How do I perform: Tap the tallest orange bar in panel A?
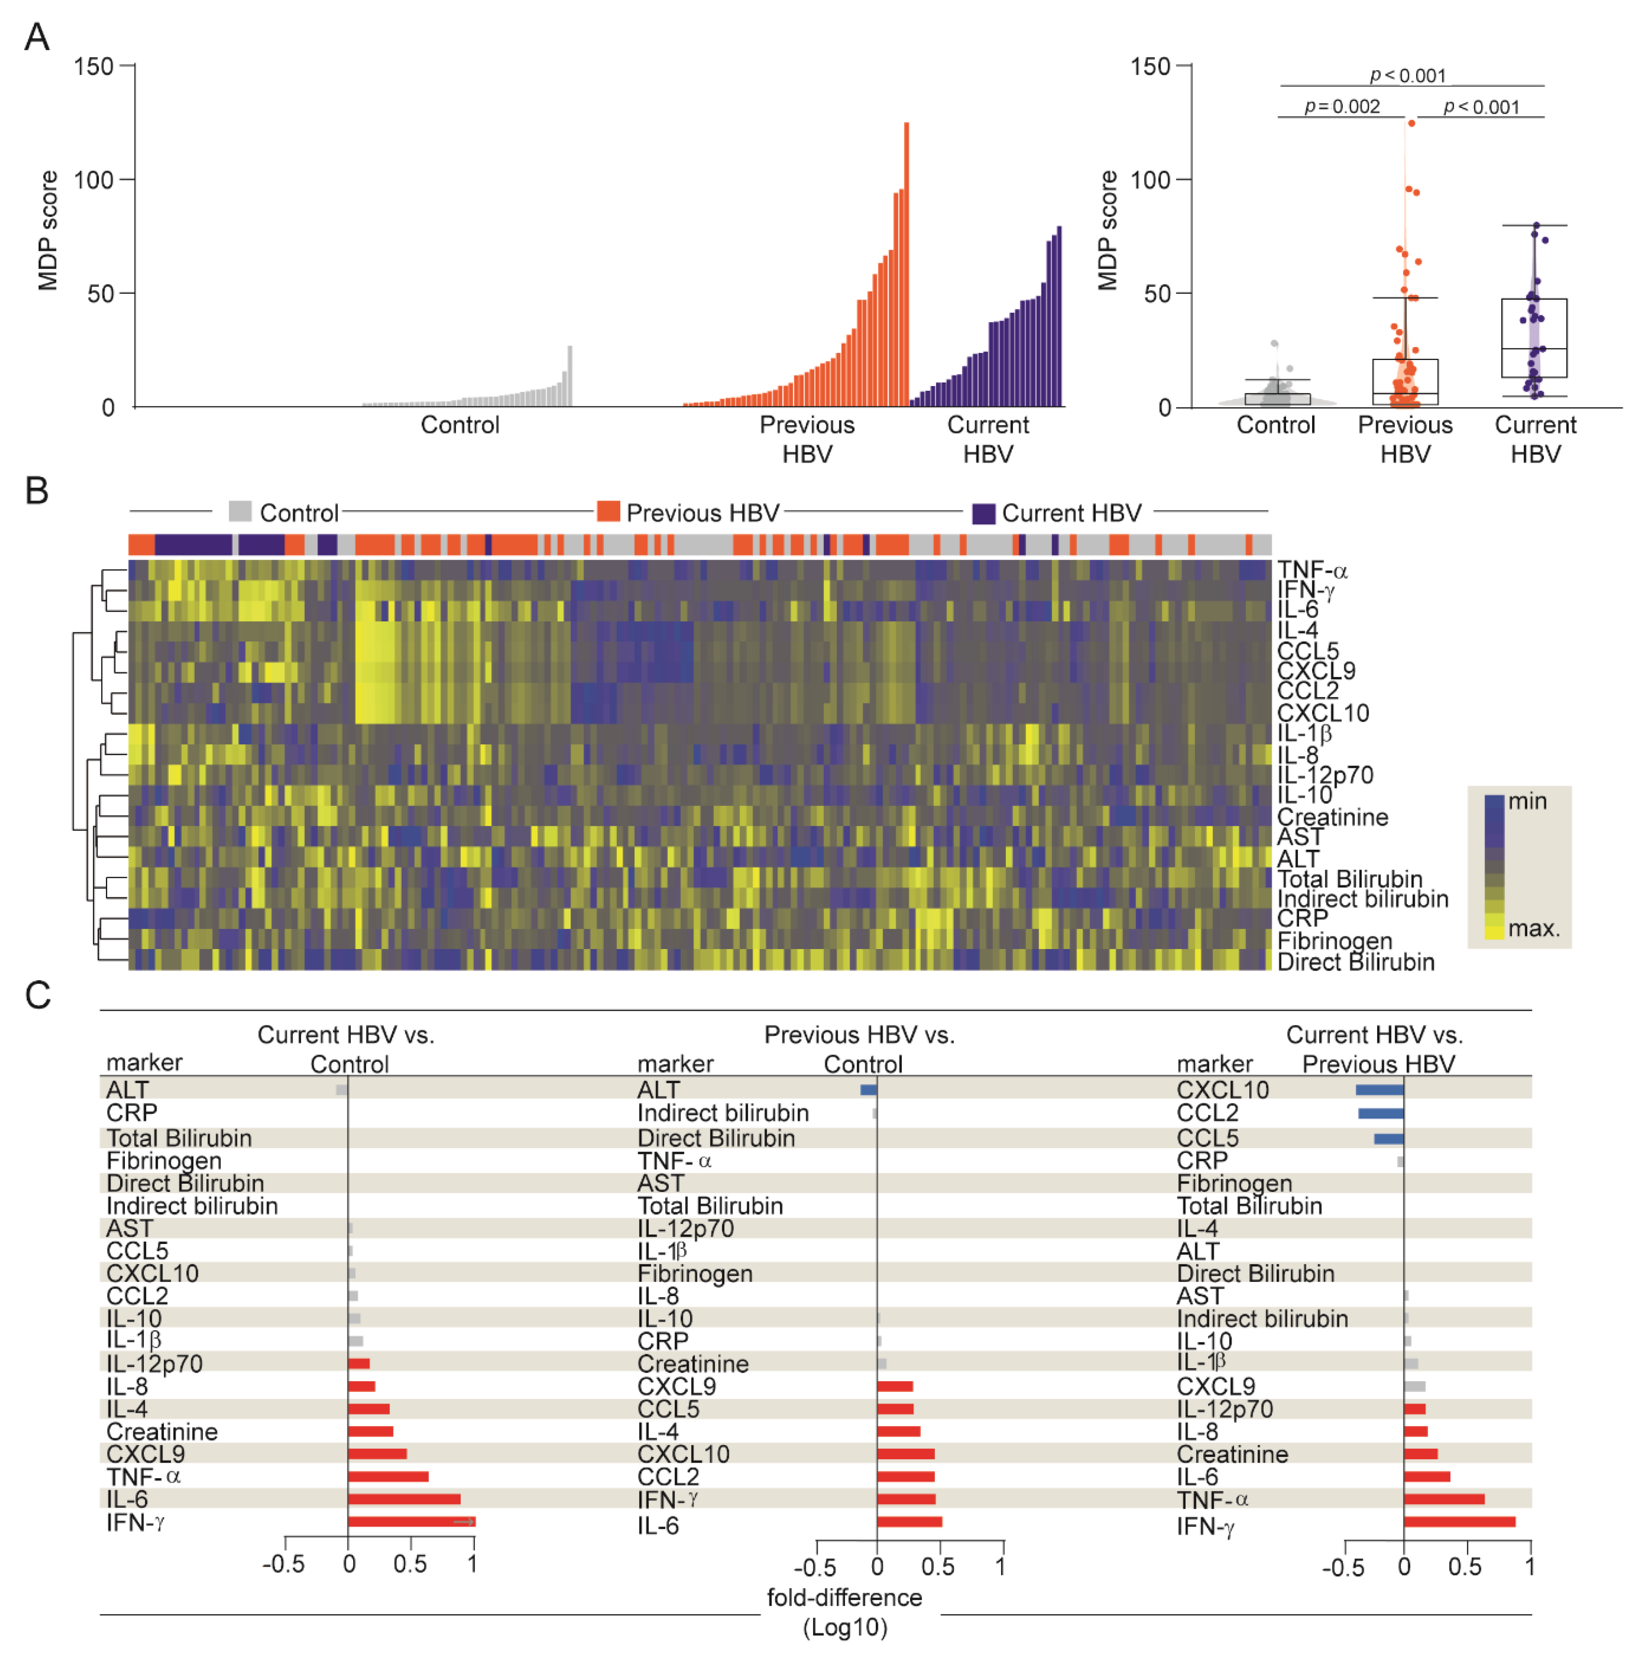tap(906, 265)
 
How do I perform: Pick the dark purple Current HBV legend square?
tap(984, 514)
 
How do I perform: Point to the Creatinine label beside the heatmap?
tap(1332, 817)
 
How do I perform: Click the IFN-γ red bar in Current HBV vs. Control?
tap(411, 1522)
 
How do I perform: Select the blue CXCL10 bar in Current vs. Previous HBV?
tap(1379, 1090)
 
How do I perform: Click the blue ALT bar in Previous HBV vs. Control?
tap(868, 1090)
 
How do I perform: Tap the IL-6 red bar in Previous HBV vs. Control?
tap(910, 1522)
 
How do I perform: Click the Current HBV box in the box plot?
tap(1534, 338)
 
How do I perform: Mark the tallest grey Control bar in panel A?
tap(570, 376)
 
